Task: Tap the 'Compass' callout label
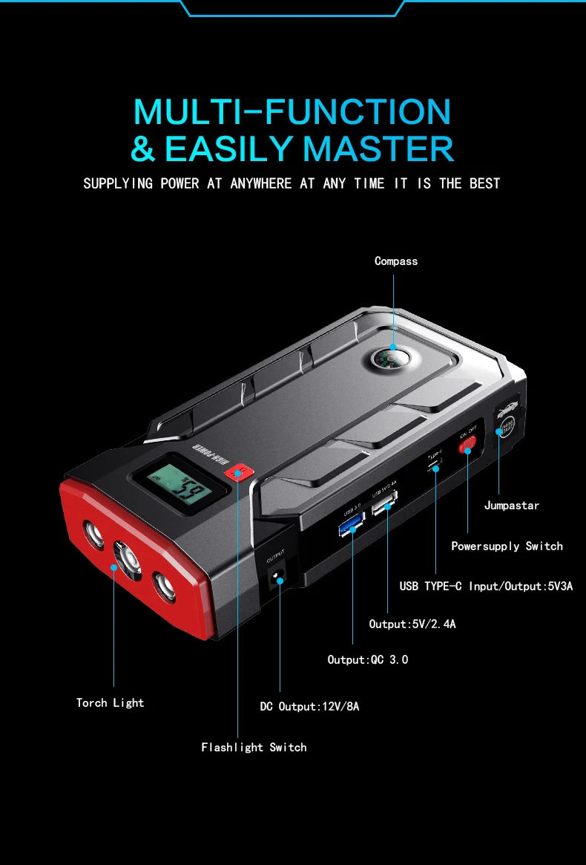(396, 261)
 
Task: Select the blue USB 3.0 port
(350, 527)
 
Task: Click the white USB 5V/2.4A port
(383, 507)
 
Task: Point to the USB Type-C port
(435, 467)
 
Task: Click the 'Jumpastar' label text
(512, 506)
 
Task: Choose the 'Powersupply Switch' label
(507, 546)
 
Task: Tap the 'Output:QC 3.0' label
(368, 659)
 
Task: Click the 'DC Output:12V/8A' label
(309, 707)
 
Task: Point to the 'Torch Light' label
(110, 702)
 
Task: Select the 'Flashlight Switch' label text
(254, 748)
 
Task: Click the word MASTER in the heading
(378, 148)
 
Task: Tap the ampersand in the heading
(143, 148)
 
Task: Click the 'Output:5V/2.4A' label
(412, 624)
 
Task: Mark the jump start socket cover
(507, 421)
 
